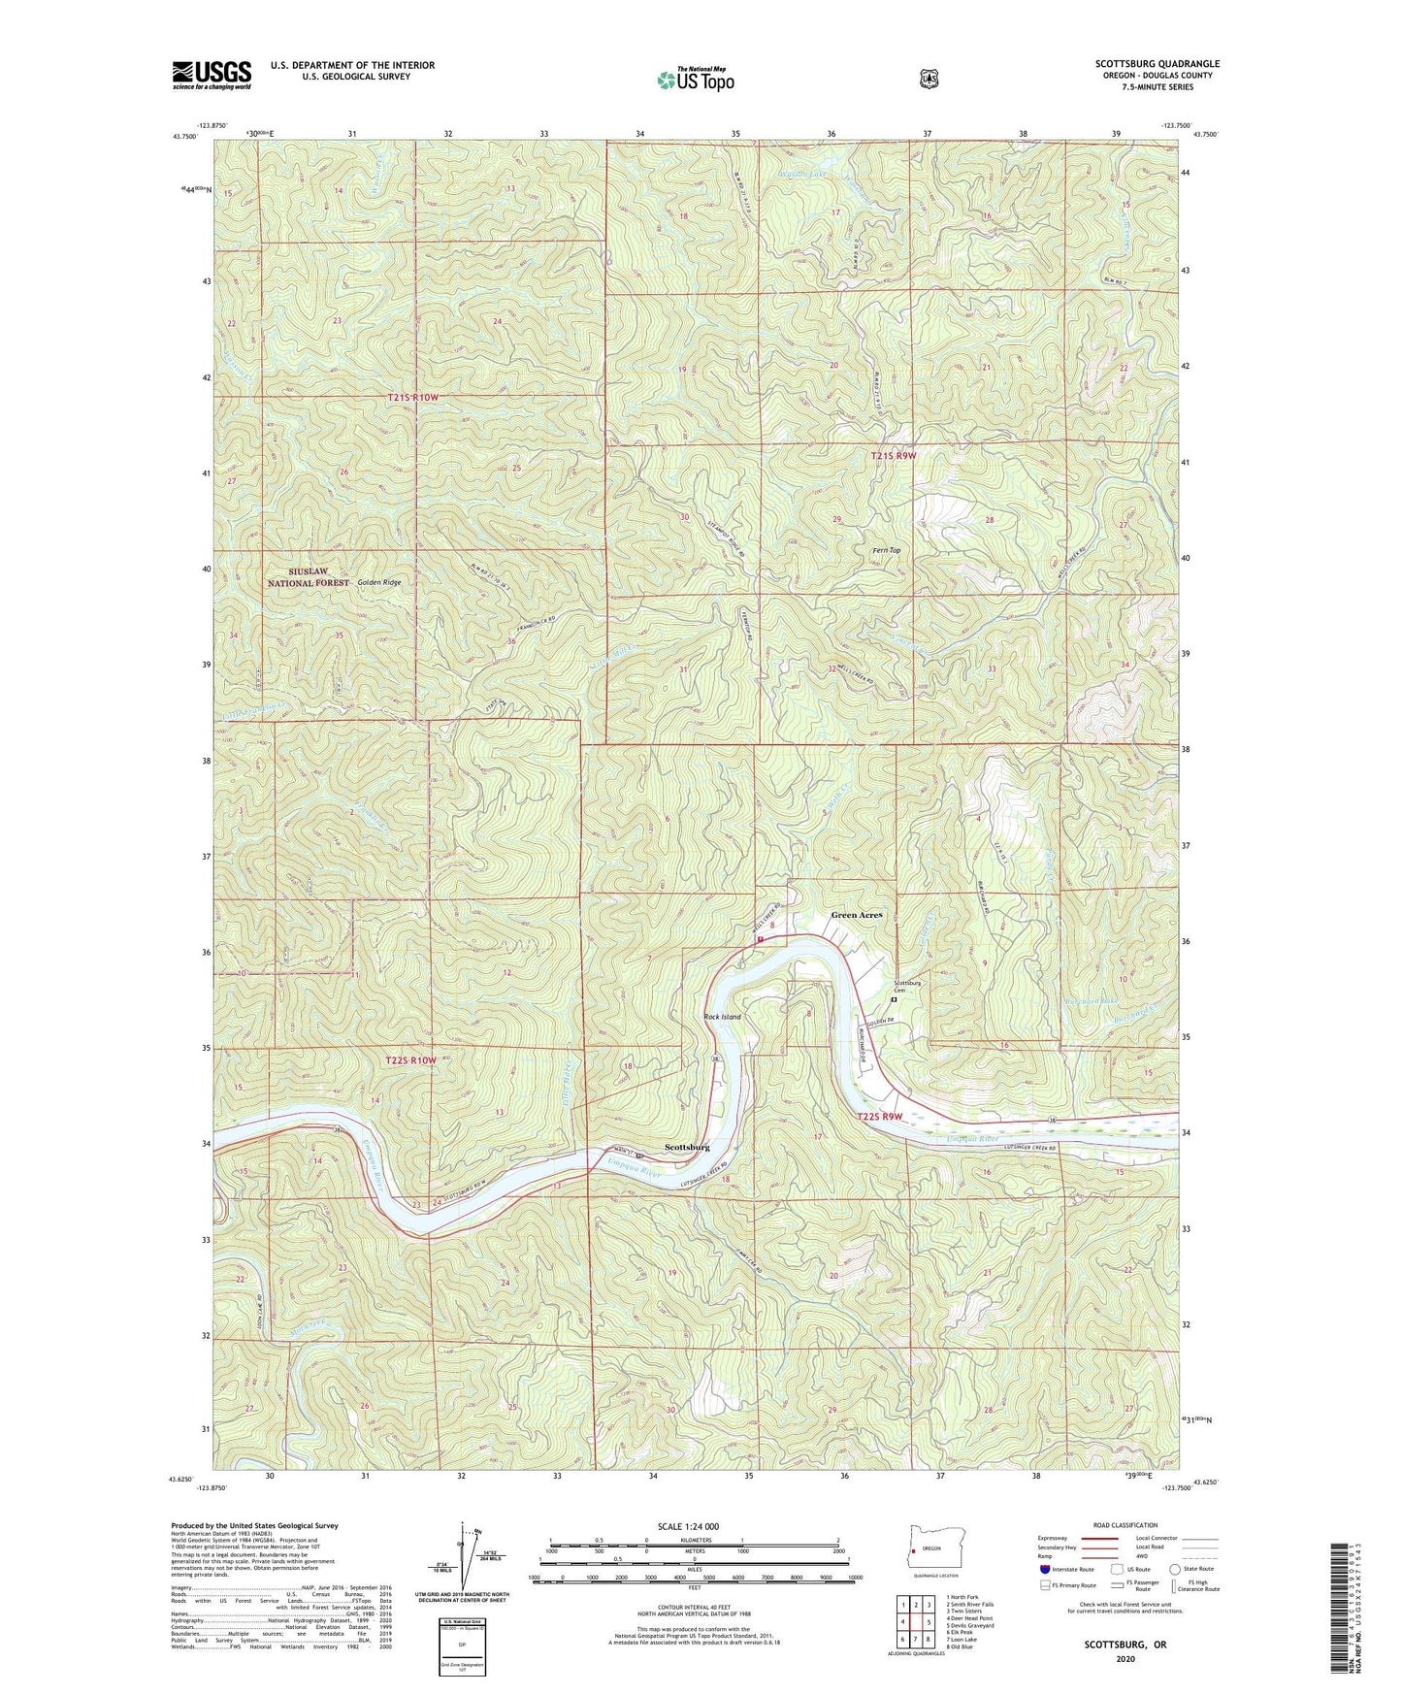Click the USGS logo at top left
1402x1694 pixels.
coord(212,75)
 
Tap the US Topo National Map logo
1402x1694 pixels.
coord(694,79)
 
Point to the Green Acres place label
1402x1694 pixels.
coord(857,915)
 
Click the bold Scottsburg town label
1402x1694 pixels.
coord(687,1147)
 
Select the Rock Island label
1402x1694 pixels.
coord(722,1017)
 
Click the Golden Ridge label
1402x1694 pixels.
coord(378,582)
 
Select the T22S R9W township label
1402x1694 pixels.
coord(880,1117)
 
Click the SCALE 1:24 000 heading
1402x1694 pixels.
coord(688,1527)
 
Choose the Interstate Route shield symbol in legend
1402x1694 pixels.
coord(1044,1568)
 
